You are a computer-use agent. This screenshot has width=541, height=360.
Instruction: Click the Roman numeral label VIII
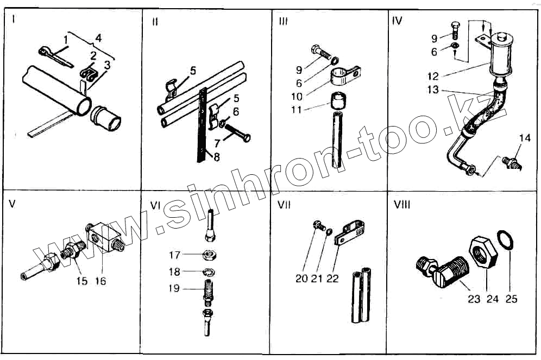402,206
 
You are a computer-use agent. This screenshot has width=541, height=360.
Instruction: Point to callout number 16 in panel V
100,281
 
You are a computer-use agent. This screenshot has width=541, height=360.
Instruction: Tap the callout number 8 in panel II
216,157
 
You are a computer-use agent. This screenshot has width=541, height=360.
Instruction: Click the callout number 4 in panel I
98,39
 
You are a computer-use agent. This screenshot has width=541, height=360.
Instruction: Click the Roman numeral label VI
155,206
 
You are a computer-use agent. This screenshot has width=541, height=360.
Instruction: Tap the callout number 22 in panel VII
332,279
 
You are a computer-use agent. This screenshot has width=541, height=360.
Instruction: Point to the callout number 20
301,279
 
